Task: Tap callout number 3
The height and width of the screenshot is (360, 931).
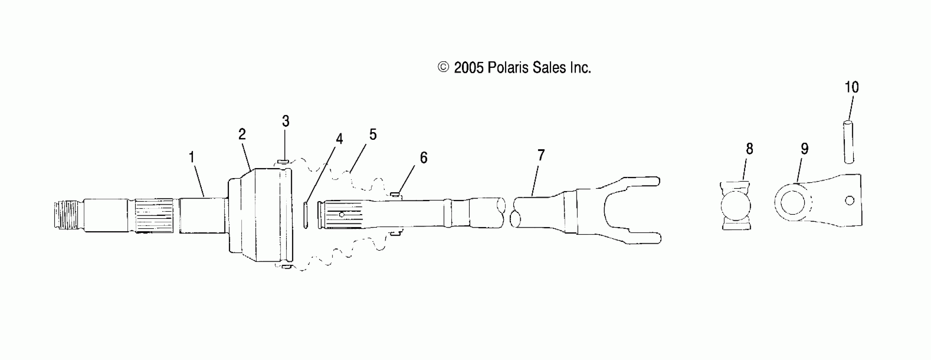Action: pyautogui.click(x=285, y=121)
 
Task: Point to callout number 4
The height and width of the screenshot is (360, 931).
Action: pyautogui.click(x=339, y=139)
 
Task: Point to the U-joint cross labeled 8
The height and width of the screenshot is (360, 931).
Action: pyautogui.click(x=736, y=206)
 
